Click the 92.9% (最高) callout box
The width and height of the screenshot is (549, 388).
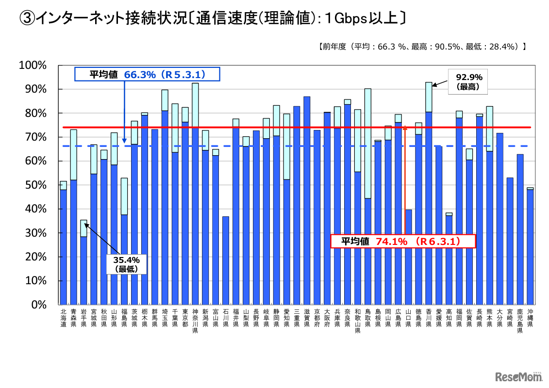[465, 81]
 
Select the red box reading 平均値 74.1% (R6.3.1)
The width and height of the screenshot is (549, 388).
[403, 241]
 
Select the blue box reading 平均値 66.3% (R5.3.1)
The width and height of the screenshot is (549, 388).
[147, 74]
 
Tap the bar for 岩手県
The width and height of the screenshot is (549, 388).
[83, 270]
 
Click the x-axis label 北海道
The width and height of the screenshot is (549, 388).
[63, 318]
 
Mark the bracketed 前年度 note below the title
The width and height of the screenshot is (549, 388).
[422, 47]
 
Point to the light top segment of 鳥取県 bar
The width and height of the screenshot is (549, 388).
[367, 144]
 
